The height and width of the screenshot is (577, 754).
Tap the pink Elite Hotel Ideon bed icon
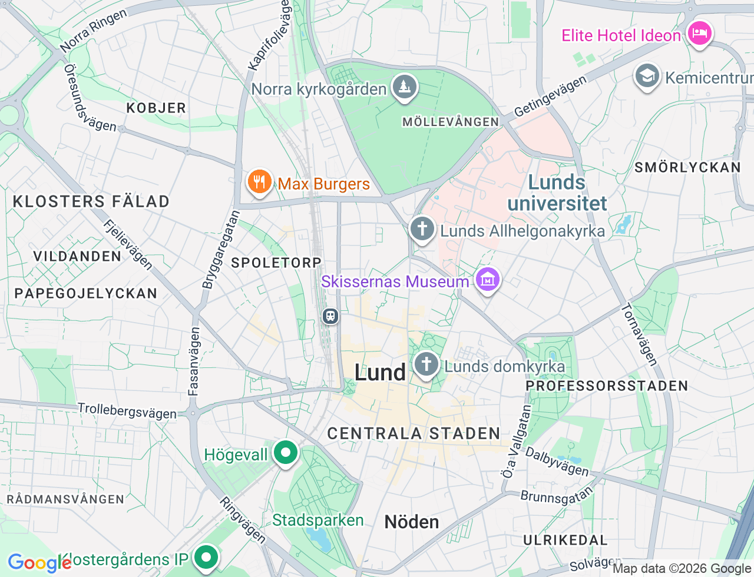699,34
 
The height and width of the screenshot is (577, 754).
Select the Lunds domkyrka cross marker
426,364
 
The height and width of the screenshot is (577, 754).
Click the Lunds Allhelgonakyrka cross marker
422,229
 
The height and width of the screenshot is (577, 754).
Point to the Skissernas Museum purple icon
487,280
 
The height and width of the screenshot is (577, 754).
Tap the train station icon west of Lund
330,316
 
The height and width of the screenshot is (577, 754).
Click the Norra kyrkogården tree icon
404,87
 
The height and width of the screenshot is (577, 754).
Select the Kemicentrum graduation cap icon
647,77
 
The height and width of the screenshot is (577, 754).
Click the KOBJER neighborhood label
156,108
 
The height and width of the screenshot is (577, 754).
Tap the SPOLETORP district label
276,263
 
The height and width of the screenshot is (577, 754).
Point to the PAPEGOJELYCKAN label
86,293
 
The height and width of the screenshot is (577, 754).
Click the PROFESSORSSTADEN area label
607,386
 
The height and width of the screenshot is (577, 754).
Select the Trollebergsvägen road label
127,410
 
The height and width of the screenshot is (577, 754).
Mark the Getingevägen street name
550,97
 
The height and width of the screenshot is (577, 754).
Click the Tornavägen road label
639,334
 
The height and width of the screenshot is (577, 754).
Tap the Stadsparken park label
318,520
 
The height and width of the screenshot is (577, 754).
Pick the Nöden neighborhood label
412,522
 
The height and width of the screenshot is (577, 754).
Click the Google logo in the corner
39,563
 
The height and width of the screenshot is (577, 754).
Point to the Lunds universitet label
557,193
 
